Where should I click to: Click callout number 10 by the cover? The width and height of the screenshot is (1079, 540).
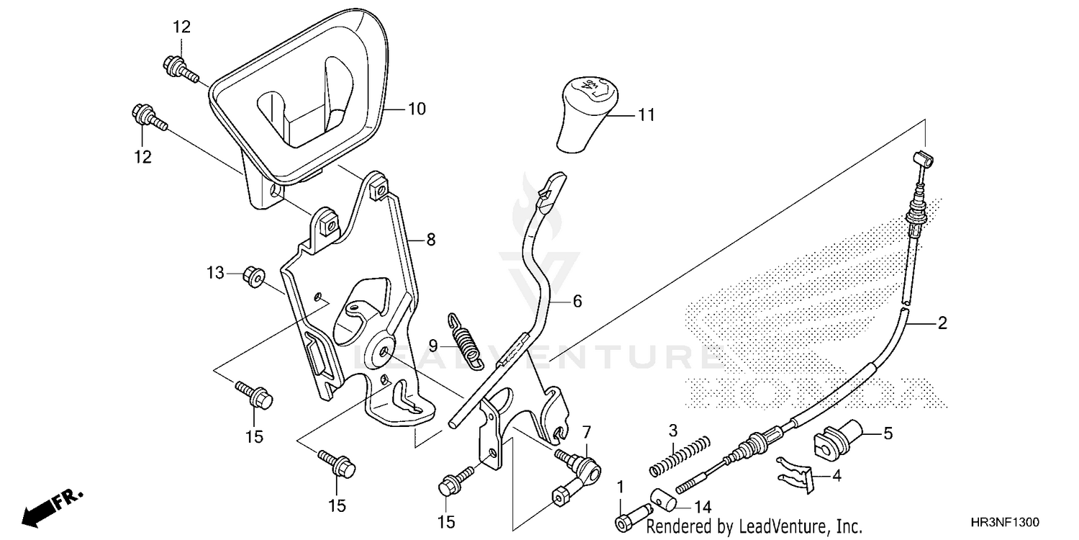[x=416, y=109]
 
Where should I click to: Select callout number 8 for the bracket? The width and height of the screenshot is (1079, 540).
[x=430, y=240]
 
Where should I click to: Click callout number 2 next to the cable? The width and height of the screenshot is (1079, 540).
[x=941, y=325]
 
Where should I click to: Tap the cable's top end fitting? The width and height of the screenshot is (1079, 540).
[x=921, y=158]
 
